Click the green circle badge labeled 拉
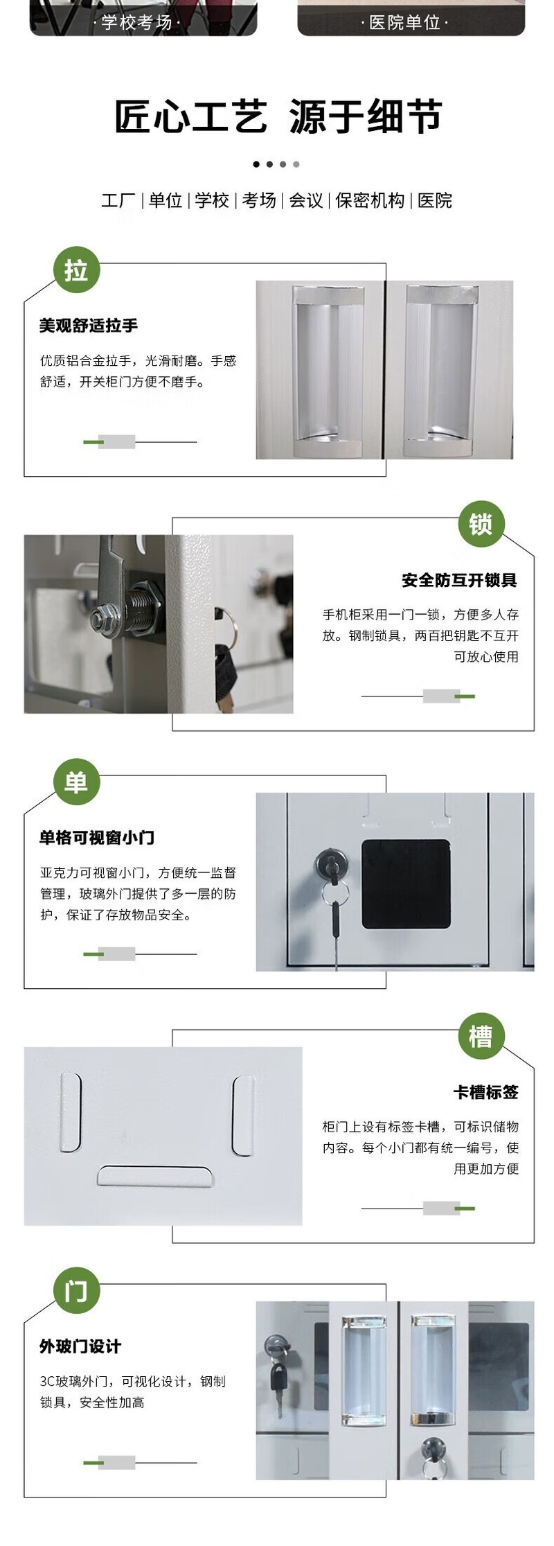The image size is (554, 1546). (77, 270)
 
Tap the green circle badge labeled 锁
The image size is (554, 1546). (481, 524)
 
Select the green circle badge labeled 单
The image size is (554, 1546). (77, 782)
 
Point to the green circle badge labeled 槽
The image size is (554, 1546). (481, 1036)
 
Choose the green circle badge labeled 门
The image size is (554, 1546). (77, 1291)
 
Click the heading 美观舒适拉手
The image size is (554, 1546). (89, 326)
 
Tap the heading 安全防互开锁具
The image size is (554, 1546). (460, 580)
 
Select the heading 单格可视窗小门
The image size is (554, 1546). (97, 838)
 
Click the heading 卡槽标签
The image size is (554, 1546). (485, 1092)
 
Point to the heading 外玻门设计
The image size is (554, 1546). (80, 1346)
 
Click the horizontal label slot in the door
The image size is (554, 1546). (154, 1176)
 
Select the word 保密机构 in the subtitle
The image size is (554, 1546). (370, 200)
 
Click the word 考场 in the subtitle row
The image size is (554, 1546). (259, 200)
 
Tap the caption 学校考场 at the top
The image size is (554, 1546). (137, 23)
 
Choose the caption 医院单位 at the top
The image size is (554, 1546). (405, 23)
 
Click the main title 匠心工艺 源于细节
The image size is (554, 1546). (278, 116)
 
